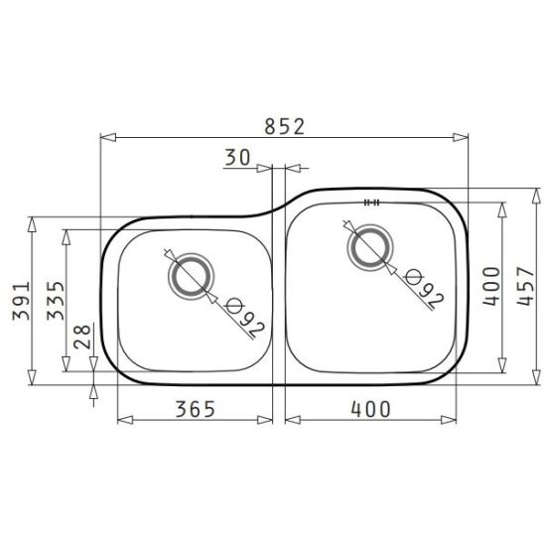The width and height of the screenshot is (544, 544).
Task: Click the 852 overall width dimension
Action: click(284, 127)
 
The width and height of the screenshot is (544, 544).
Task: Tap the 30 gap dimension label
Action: click(237, 157)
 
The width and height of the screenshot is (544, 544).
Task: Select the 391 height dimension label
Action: click(21, 301)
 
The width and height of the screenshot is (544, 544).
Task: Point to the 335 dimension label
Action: click(56, 301)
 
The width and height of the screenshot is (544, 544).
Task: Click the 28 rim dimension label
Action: click(82, 337)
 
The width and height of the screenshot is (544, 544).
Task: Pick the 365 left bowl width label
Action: click(196, 409)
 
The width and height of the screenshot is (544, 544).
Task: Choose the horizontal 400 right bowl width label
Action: click(370, 409)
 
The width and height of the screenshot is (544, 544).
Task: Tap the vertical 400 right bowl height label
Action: click(491, 286)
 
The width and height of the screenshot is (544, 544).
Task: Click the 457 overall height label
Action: click(525, 286)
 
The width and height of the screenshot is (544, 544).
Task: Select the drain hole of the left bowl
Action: click(192, 277)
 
